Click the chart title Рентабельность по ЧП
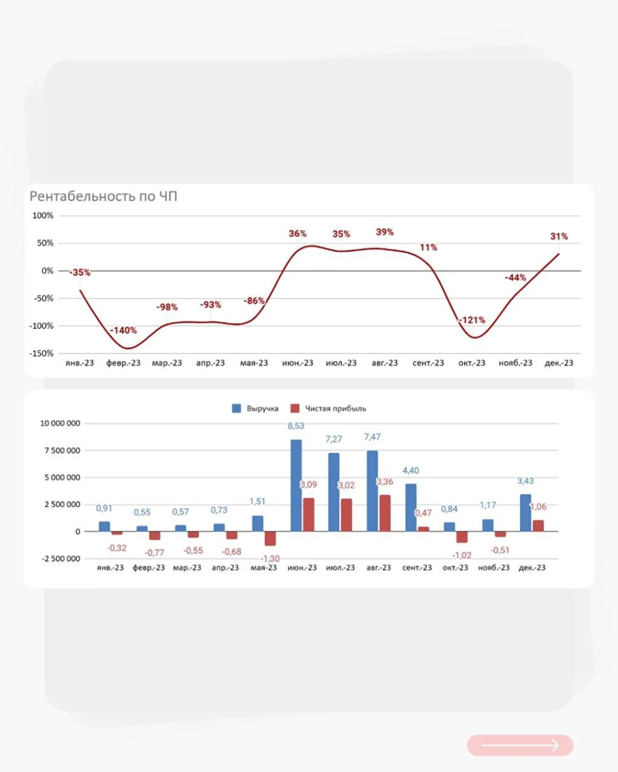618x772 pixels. pyautogui.click(x=103, y=196)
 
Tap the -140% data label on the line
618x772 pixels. pyautogui.click(x=123, y=330)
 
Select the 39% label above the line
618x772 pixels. pyautogui.click(x=384, y=232)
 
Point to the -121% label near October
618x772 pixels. pyautogui.click(x=472, y=320)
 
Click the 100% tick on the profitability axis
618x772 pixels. pyautogui.click(x=43, y=215)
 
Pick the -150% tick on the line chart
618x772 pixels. pyautogui.click(x=41, y=353)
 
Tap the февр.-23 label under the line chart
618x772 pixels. pyautogui.click(x=123, y=363)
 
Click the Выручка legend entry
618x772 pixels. pyautogui.click(x=255, y=408)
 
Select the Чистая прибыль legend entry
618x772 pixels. pyautogui.click(x=328, y=408)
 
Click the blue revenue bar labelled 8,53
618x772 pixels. pyautogui.click(x=296, y=486)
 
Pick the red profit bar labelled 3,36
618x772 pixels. pyautogui.click(x=385, y=513)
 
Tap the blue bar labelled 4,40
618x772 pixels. pyautogui.click(x=411, y=508)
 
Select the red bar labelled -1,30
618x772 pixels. pyautogui.click(x=270, y=539)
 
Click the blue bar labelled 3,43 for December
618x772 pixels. pyautogui.click(x=526, y=513)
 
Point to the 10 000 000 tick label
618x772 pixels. pyautogui.click(x=60, y=423)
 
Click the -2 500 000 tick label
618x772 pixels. pyautogui.click(x=61, y=558)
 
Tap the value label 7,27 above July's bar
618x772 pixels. pyautogui.click(x=334, y=439)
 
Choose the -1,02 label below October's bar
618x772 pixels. pyautogui.click(x=462, y=555)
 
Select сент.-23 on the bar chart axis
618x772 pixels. pyautogui.click(x=417, y=568)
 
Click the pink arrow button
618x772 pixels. pyautogui.click(x=520, y=745)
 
